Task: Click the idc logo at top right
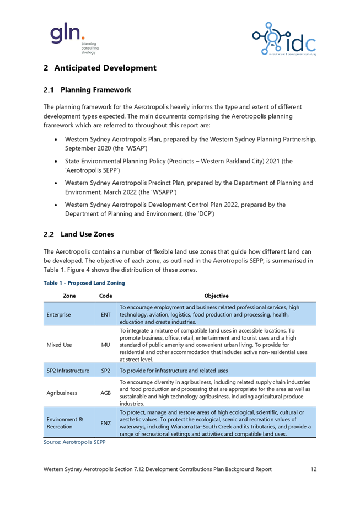[284, 39]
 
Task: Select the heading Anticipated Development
[100, 68]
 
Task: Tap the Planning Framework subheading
[88, 90]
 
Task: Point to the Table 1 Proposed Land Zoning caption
[84, 283]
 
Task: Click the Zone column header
[69, 296]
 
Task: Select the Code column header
[105, 296]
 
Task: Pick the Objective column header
[216, 296]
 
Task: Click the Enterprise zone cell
[58, 314]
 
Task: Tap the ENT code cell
[105, 314]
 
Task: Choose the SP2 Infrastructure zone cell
[68, 371]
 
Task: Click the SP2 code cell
[105, 371]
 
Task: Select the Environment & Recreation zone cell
[65, 423]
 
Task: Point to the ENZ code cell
[105, 423]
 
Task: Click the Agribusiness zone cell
[62, 393]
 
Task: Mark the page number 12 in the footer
[314, 469]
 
